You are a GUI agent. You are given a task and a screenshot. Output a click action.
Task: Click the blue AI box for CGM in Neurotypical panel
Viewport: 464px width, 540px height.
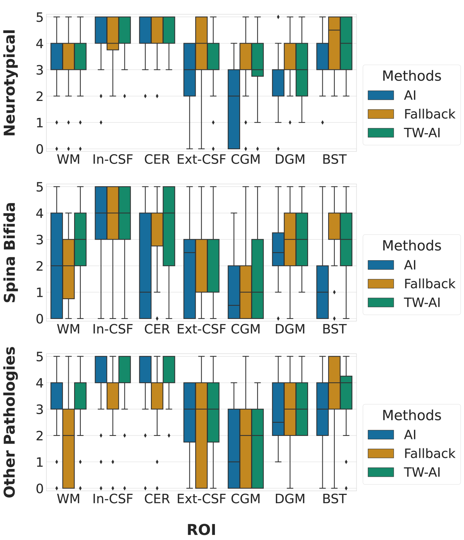pyautogui.click(x=234, y=109)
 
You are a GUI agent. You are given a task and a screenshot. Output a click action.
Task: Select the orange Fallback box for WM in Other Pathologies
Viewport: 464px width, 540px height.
pyautogui.click(x=69, y=448)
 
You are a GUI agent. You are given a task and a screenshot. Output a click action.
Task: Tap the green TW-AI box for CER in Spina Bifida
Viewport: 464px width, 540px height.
pyautogui.click(x=169, y=226)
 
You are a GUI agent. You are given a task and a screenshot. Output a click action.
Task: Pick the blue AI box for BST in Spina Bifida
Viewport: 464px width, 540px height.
pyautogui.click(x=322, y=292)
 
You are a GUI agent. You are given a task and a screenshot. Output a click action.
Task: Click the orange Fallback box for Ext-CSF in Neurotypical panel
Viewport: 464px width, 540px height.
pyautogui.click(x=201, y=43)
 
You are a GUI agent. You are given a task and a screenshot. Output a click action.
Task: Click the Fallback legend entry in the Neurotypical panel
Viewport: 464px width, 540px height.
pyautogui.click(x=429, y=114)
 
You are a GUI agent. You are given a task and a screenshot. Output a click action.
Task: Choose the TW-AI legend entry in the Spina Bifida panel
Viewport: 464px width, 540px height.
pyautogui.click(x=422, y=303)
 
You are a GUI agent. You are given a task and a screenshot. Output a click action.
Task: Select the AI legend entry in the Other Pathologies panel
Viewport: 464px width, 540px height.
pyautogui.click(x=410, y=435)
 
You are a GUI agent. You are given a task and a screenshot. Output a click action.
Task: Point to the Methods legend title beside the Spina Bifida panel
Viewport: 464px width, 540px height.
pyautogui.click(x=412, y=246)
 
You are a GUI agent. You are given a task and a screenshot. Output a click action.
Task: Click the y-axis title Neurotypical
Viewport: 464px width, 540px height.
pyautogui.click(x=10, y=82)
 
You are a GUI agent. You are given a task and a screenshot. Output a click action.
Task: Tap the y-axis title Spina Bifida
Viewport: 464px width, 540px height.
pyautogui.click(x=10, y=252)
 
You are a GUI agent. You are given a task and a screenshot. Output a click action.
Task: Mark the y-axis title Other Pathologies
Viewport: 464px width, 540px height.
pyautogui.click(x=10, y=422)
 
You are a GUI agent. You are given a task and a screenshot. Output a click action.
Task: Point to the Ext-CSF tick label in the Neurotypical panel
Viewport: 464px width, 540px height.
pyautogui.click(x=201, y=160)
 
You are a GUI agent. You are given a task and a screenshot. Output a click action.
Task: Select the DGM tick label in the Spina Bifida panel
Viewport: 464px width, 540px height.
pyautogui.click(x=290, y=329)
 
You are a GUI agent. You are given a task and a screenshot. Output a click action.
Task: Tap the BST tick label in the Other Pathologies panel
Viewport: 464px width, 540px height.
pyautogui.click(x=334, y=499)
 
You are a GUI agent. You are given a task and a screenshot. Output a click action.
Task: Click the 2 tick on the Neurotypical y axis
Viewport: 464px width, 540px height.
pyautogui.click(x=40, y=96)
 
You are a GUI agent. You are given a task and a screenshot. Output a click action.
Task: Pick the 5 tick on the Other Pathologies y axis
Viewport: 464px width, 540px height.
pyautogui.click(x=40, y=357)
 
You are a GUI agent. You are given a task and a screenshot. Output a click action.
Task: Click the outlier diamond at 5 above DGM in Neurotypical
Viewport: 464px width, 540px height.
pyautogui.click(x=278, y=17)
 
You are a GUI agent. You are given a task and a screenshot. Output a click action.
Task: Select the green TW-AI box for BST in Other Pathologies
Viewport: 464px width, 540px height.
pyautogui.click(x=346, y=392)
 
